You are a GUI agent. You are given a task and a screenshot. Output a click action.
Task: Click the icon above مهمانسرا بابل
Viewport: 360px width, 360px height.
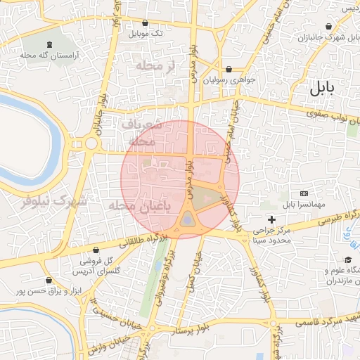point(304,193)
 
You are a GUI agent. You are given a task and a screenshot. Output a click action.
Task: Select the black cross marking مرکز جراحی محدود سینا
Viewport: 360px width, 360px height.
point(271,220)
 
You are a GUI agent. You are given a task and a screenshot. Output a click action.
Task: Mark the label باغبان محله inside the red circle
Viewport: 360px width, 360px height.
point(141,207)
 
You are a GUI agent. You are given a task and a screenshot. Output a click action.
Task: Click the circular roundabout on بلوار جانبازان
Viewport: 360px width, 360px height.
point(91,144)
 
